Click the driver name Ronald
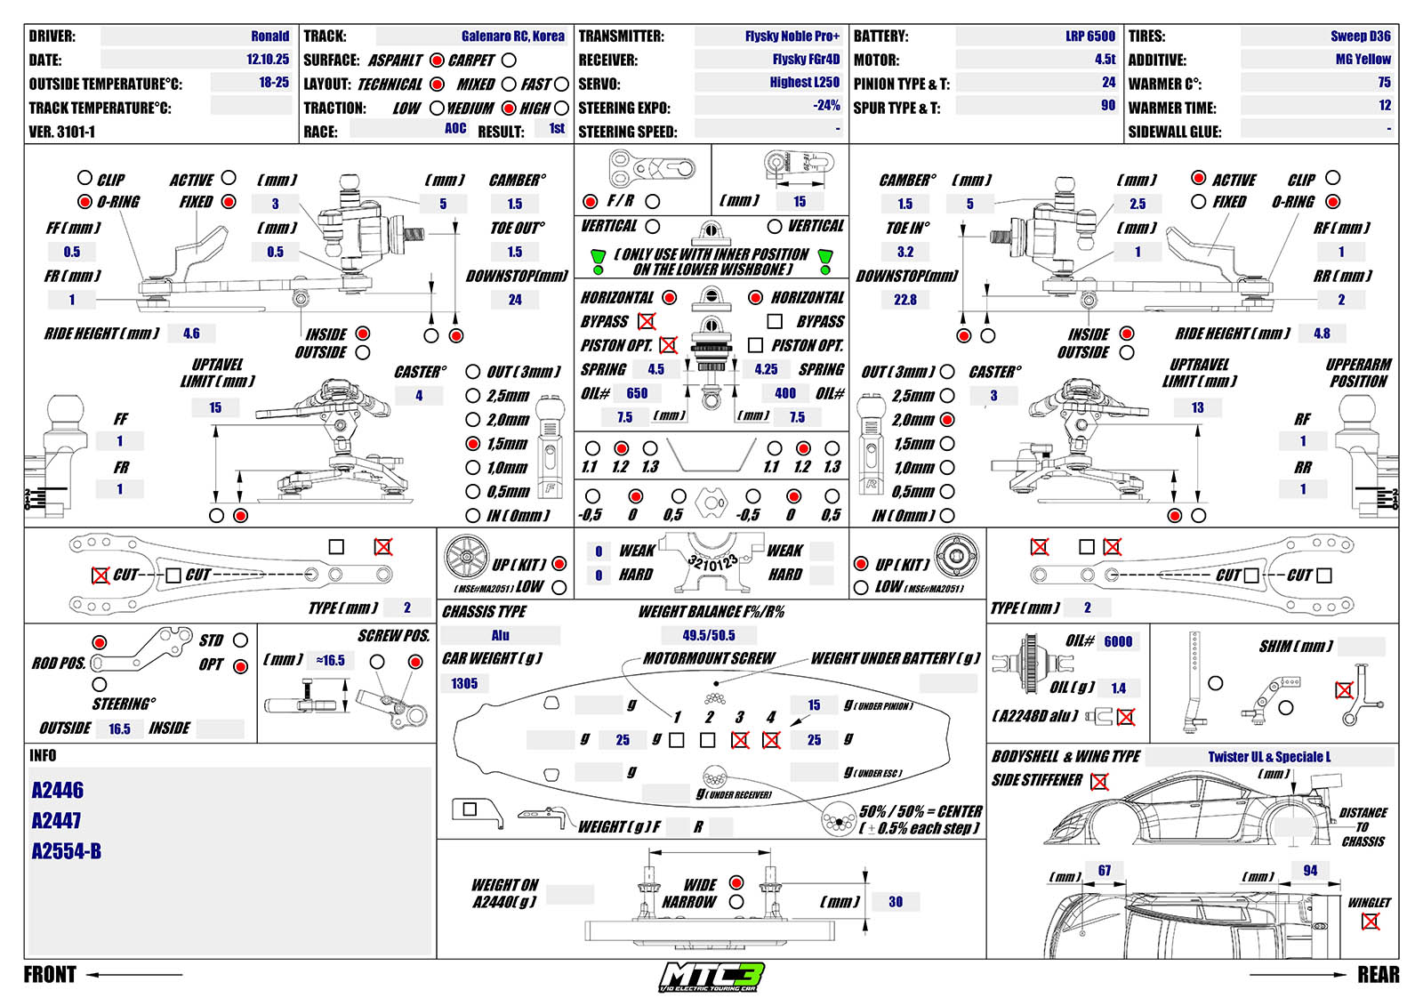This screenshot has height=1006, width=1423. tap(269, 36)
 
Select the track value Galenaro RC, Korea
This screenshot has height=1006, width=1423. tap(512, 36)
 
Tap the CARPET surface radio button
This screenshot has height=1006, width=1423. tap(509, 60)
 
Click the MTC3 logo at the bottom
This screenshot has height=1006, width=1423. tap(711, 977)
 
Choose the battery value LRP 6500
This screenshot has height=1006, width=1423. tap(1089, 36)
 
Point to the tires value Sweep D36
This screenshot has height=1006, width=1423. tap(1360, 36)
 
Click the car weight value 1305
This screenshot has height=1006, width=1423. tap(464, 683)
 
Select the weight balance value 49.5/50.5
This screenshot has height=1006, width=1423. tap(709, 635)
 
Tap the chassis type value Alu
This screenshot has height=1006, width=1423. tap(501, 635)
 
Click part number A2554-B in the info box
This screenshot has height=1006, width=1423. tap(67, 851)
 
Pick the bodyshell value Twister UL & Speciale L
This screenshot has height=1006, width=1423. tap(1269, 757)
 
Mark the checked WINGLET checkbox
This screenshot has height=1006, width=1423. tap(1371, 921)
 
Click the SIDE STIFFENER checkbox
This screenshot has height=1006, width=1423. tap(1100, 782)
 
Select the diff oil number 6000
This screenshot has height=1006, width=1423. tap(1118, 642)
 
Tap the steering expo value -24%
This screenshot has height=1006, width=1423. tap(826, 105)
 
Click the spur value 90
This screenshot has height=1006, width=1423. tap(1107, 105)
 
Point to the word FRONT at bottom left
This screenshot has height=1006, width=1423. tap(50, 975)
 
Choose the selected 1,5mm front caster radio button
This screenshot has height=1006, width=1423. tap(473, 443)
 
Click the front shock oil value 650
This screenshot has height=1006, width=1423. tap(637, 393)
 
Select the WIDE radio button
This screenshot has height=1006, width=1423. tap(736, 882)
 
